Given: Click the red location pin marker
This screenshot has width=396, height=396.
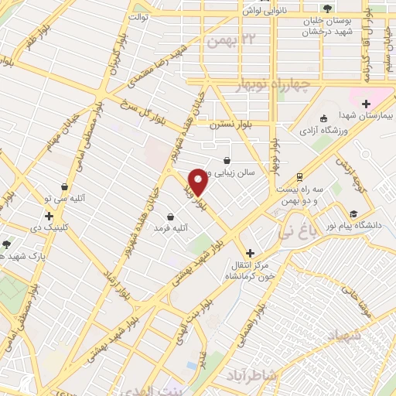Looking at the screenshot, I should [x=197, y=182].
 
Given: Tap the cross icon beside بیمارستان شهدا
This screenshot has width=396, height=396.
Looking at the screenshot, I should [x=366, y=103].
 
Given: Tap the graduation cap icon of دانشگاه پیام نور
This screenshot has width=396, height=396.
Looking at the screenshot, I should [x=353, y=214].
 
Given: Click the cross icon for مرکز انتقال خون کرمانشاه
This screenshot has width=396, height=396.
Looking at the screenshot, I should [x=249, y=253].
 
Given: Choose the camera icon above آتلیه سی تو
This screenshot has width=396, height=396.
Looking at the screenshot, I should [x=64, y=186].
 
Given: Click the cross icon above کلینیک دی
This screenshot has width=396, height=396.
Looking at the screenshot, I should [x=49, y=217].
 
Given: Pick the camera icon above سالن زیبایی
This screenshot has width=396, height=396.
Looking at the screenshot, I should [x=226, y=160].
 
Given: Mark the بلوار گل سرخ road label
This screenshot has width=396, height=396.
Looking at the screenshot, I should [x=142, y=108].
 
